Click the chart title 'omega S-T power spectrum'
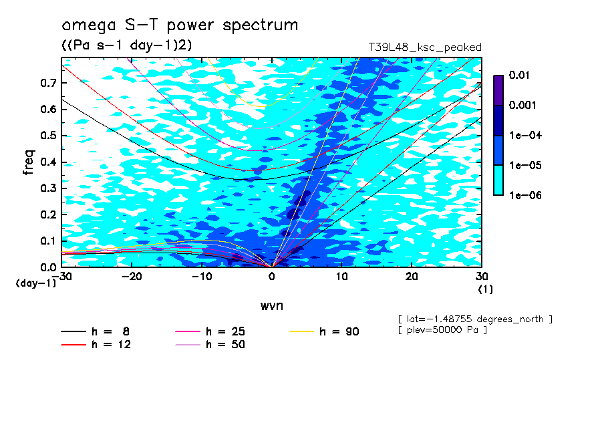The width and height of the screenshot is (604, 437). tap(180, 26)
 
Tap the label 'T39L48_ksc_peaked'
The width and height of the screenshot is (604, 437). tap(425, 47)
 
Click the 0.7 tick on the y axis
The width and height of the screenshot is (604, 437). tap(48, 84)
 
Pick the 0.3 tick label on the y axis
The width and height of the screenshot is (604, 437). tap(48, 188)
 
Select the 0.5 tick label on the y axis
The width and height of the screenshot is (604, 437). tap(48, 136)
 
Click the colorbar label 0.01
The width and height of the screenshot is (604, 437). tap(518, 76)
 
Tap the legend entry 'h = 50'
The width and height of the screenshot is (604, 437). tap(225, 345)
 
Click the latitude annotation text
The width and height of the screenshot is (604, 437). tap(474, 319)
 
